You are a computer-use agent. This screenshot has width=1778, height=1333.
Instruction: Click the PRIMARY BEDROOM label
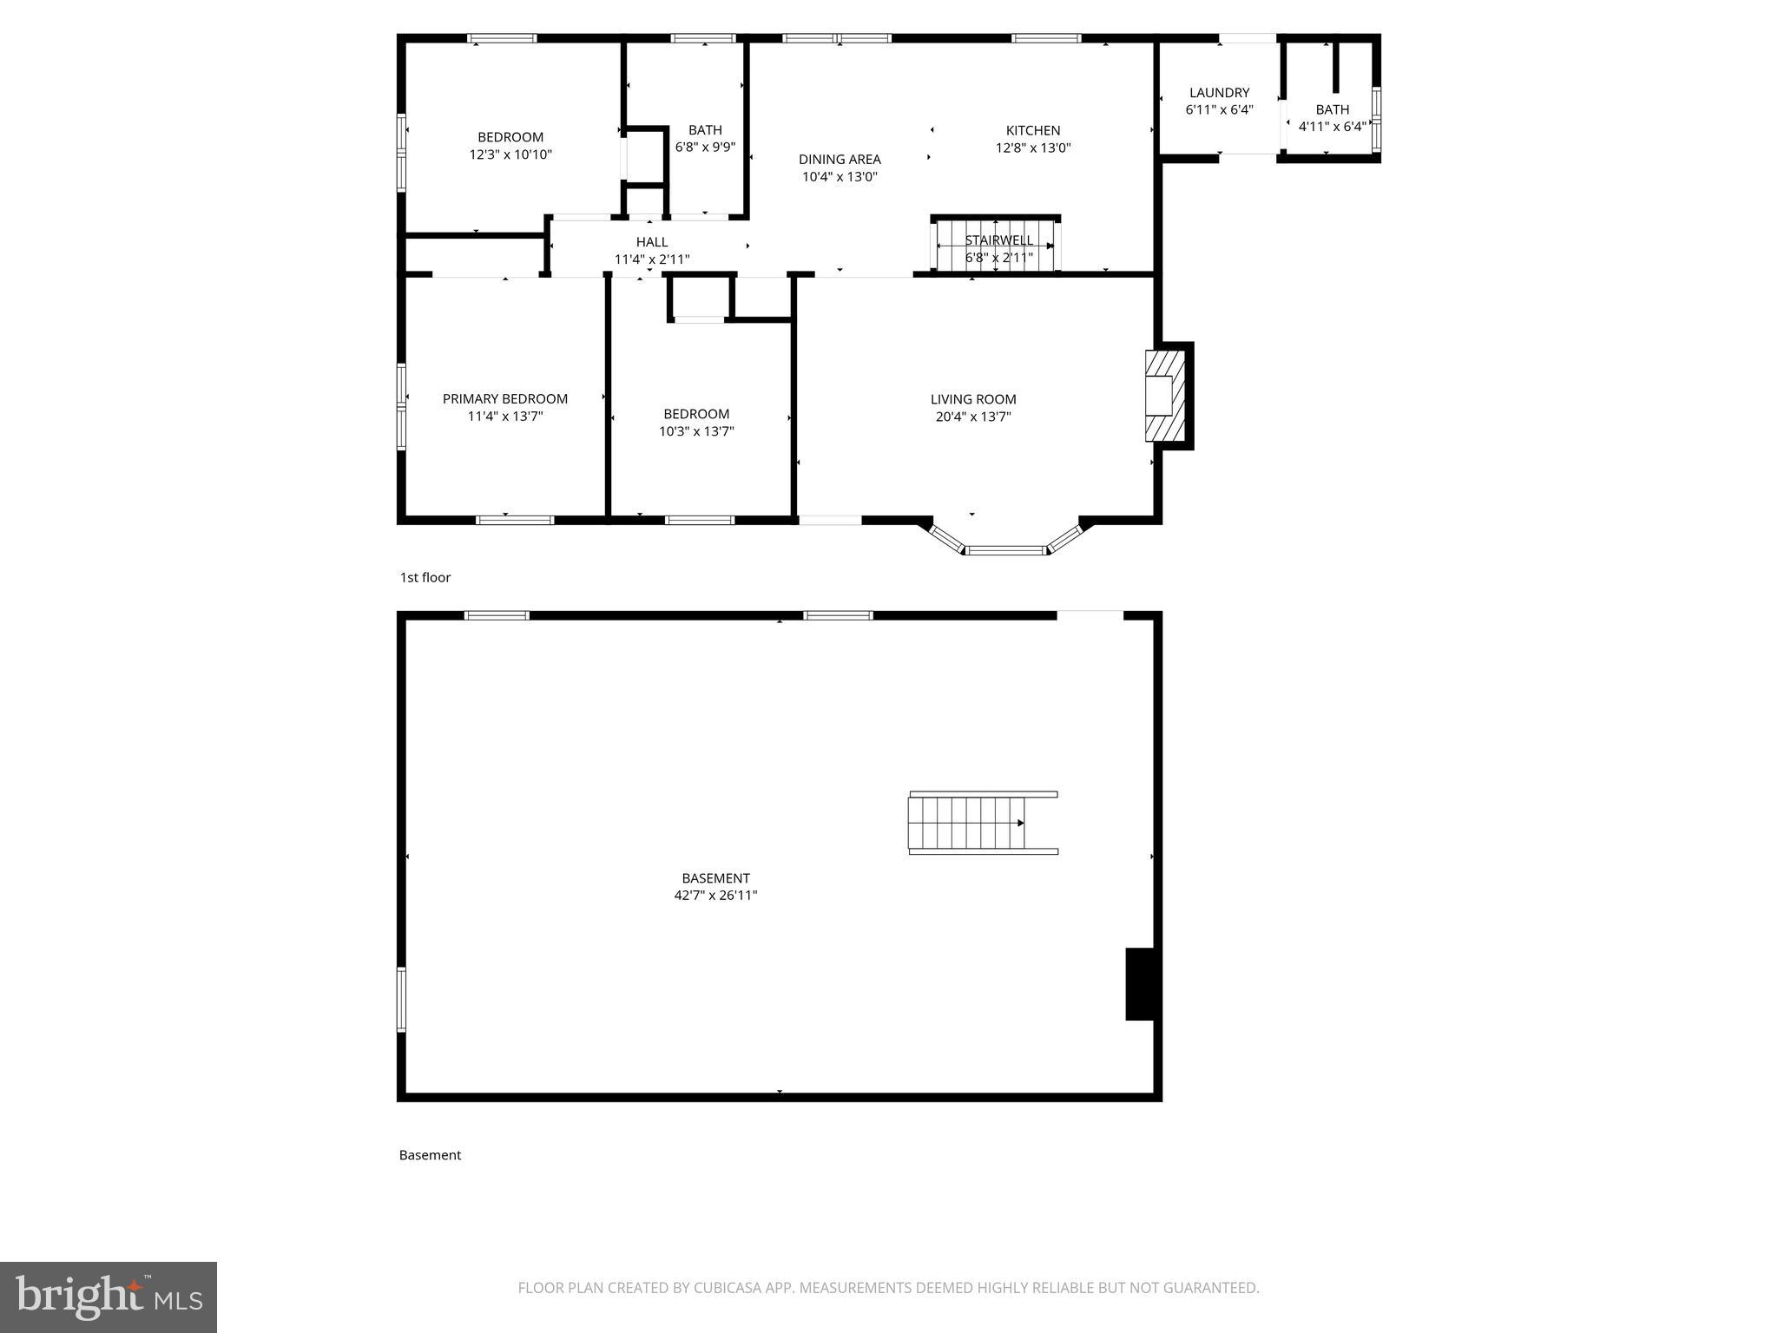[x=504, y=399]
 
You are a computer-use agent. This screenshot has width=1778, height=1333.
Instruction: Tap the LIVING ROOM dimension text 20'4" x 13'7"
[x=972, y=417]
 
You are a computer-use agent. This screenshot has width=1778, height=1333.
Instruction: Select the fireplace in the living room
[x=1164, y=396]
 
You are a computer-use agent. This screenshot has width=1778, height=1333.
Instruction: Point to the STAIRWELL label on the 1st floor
[x=998, y=240]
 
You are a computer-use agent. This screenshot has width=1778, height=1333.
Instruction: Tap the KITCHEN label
[x=1032, y=131]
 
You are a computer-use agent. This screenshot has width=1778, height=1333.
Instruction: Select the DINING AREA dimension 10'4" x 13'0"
[x=839, y=177]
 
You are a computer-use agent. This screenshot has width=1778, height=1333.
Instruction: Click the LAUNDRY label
[x=1219, y=93]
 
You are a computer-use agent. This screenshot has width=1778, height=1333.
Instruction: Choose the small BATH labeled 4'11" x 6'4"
[x=1332, y=118]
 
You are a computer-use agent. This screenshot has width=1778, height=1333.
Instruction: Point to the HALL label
[x=651, y=242]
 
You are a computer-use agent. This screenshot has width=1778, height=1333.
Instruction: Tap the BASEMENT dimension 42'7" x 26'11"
[x=715, y=896]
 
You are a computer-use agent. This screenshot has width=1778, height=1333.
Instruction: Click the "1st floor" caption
[x=425, y=578]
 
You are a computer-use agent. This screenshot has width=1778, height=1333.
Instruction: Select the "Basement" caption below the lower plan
[x=430, y=1155]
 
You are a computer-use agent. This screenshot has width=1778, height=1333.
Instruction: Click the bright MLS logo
[x=109, y=1297]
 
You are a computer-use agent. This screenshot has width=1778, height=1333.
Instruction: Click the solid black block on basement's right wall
[x=1142, y=983]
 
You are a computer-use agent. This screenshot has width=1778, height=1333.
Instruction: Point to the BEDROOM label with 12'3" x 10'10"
[x=510, y=137]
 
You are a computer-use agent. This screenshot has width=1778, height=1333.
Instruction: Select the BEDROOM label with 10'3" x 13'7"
[x=696, y=414]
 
